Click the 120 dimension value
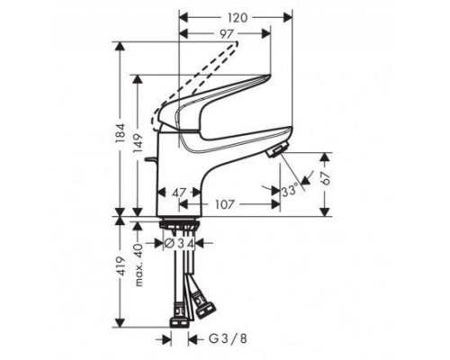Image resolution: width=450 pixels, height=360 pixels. (x=238, y=17)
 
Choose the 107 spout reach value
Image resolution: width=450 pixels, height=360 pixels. (x=226, y=204)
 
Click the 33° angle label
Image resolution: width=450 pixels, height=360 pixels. (x=288, y=192)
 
